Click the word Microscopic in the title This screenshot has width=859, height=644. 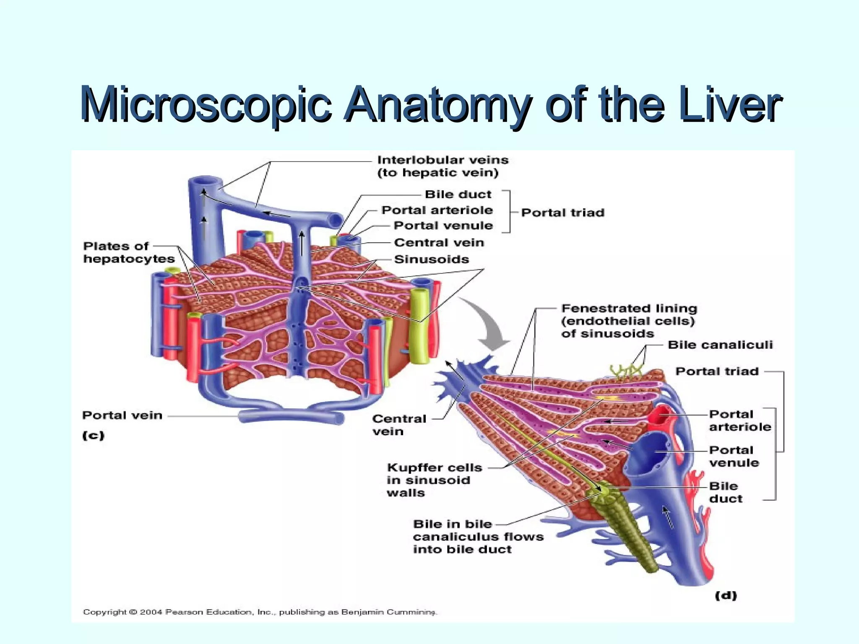206,105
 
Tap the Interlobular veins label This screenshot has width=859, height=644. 443,166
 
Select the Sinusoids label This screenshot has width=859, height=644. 431,260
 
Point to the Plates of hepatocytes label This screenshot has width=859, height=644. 128,252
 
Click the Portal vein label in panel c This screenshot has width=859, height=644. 122,415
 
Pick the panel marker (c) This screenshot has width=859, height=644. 93,436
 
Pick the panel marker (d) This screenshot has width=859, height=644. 726,596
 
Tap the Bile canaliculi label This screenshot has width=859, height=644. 720,345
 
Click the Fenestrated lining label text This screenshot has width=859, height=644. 628,321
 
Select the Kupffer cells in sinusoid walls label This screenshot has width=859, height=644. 434,480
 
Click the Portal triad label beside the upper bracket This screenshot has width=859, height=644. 562,213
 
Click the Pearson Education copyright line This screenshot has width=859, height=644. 260,612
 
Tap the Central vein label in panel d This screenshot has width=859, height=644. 398,425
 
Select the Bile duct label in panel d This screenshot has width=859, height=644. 725,493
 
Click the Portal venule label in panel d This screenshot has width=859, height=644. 734,457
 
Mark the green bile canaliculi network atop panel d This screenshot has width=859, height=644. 627,371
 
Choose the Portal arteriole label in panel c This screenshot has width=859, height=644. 437,210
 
